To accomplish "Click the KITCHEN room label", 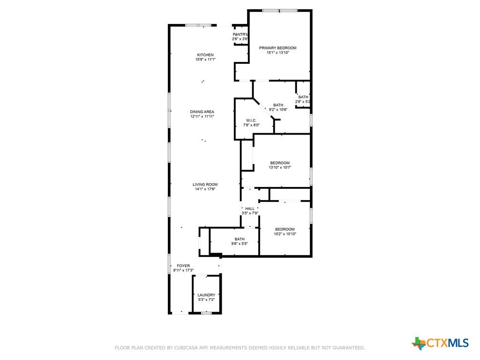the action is tap(205, 55).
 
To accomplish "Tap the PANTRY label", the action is tap(240, 34).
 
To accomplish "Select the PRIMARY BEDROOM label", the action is tap(277, 48).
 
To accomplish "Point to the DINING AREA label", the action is tap(202, 112).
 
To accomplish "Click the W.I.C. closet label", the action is tap(251, 120).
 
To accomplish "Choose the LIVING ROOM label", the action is tap(205, 184).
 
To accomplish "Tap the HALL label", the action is tap(250, 209).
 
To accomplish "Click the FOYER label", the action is tap(183, 266).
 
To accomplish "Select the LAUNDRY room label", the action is tap(206, 295).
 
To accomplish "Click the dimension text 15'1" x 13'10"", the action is tap(277, 52).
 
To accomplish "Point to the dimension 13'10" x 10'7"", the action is tap(280, 167).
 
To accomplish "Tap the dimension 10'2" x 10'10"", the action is tap(285, 234).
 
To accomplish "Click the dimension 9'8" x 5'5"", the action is tap(240, 244).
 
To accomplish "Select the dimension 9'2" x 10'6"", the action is tap(278, 110).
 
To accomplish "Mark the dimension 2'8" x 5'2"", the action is tap(303, 102).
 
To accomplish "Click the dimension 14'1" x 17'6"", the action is tap(205, 189).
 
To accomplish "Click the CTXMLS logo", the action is tap(440, 343).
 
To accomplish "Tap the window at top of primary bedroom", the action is tap(279, 11).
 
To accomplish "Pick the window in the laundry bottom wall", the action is tap(206, 313).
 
